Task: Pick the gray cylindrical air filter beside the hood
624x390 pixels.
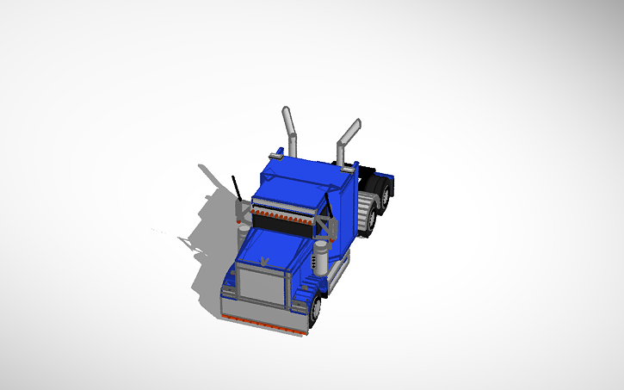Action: click(x=321, y=257)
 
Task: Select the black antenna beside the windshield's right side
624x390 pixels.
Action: click(x=328, y=205)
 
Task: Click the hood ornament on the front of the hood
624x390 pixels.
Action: click(x=265, y=259)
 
